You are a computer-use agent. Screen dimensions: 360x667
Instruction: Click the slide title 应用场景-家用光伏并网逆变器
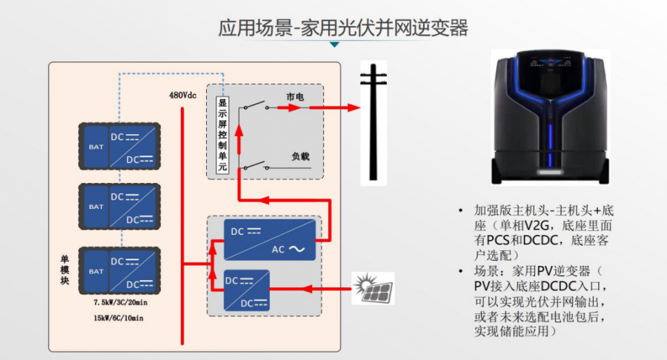coord(343,28)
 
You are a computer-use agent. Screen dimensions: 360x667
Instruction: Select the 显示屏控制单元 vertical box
coord(222,136)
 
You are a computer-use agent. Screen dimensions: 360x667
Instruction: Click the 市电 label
coord(294,97)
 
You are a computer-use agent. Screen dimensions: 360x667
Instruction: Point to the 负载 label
coord(300,156)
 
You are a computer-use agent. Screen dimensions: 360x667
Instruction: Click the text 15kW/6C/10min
coord(119,318)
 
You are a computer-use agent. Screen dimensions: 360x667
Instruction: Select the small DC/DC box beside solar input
coord(246,289)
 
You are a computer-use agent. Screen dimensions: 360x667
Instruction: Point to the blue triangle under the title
coord(335,45)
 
